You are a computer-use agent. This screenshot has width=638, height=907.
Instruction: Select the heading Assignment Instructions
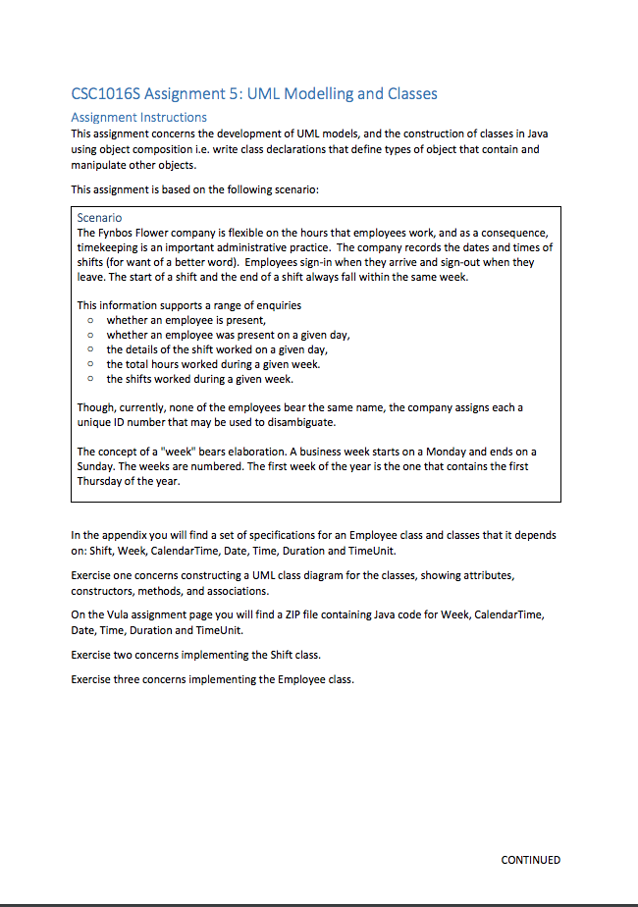(x=138, y=117)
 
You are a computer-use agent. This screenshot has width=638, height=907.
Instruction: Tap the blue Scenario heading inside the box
(x=99, y=217)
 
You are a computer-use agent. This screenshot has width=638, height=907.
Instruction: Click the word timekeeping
(x=109, y=247)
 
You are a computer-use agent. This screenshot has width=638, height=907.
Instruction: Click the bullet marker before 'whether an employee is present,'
(x=89, y=320)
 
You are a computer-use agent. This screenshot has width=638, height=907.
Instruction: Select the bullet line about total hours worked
(x=213, y=364)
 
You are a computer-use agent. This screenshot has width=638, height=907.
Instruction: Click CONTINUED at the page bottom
(x=530, y=860)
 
